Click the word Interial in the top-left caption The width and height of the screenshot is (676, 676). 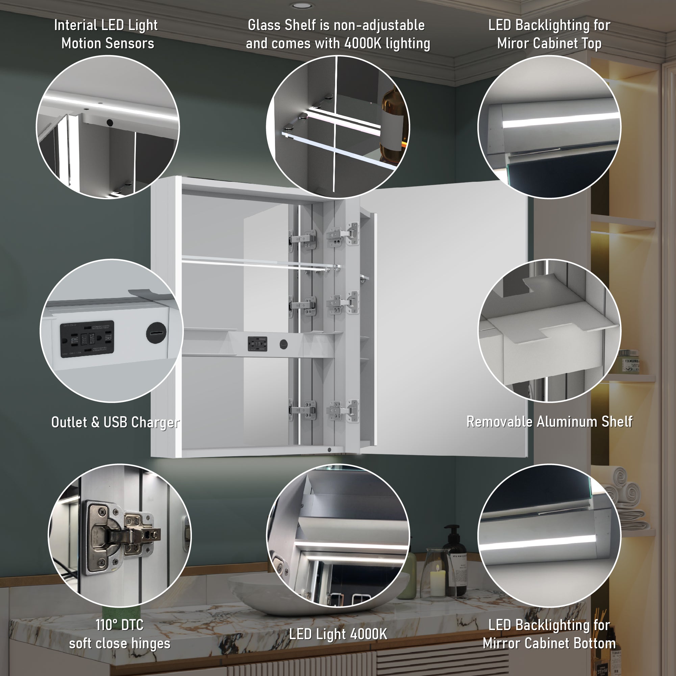click(x=75, y=25)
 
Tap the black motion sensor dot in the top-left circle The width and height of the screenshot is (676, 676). click(x=109, y=123)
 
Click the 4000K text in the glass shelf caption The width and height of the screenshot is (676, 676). click(x=362, y=44)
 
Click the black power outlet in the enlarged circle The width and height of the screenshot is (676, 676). click(x=87, y=339)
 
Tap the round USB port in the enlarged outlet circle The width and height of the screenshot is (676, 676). click(x=156, y=333)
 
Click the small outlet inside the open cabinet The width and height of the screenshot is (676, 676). click(x=257, y=344)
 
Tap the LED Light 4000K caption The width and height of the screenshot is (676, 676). click(x=337, y=634)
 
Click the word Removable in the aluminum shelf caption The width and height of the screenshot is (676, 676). click(x=499, y=422)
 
